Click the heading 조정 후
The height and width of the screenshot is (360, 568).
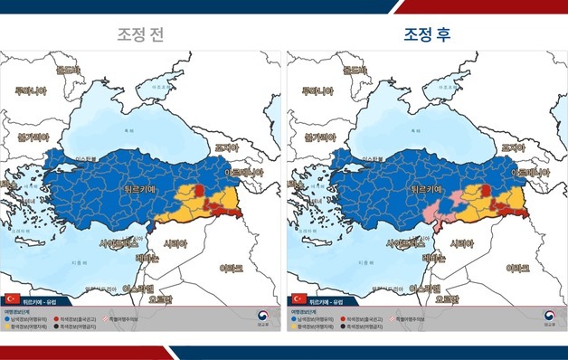coord(427,35)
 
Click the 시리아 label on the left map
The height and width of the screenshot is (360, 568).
coord(177,243)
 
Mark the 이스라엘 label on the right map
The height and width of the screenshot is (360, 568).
coord(427,289)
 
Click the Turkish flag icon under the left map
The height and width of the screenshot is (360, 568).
coord(13,298)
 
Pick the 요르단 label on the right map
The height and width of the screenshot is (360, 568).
coord(445,298)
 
